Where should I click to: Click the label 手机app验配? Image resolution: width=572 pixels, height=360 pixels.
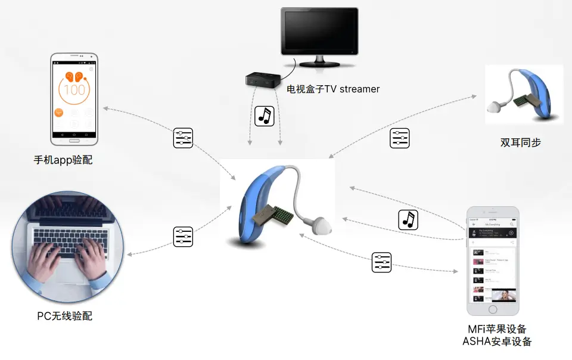point(63,160)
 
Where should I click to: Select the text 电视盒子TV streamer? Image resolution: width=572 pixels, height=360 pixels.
point(333,89)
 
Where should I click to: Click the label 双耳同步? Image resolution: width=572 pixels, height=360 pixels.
point(520,142)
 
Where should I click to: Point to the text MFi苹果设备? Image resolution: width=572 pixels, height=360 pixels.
point(497,329)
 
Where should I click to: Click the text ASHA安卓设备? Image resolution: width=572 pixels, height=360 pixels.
point(497,342)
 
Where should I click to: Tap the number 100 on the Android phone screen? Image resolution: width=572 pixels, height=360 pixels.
point(74,90)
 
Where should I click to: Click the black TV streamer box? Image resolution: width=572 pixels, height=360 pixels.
point(262,79)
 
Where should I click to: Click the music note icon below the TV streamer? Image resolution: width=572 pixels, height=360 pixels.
point(264,116)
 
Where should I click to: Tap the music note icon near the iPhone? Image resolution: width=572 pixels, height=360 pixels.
point(408,219)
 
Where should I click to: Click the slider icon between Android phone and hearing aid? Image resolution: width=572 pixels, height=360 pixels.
point(183,138)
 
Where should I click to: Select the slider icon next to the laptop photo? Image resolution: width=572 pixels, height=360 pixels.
point(183,237)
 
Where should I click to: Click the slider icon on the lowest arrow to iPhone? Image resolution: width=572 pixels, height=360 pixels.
point(381,262)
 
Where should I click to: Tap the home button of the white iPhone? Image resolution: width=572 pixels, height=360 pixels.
point(493,309)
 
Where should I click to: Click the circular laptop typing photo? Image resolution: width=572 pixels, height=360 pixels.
point(67,246)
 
